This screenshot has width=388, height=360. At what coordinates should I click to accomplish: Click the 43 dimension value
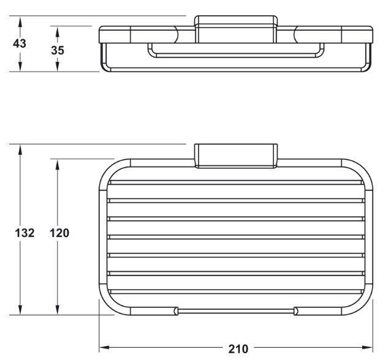click(x=20, y=44)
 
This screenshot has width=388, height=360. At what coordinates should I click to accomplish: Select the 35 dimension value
click(x=57, y=50)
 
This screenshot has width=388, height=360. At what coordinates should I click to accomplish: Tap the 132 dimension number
click(x=23, y=233)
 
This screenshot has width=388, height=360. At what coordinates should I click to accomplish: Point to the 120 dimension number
click(x=59, y=233)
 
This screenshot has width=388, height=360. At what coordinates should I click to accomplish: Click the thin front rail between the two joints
click(x=236, y=311)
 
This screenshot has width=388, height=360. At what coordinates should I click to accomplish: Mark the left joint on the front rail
click(x=177, y=311)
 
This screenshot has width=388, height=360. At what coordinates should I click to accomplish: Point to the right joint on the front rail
click(x=296, y=311)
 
